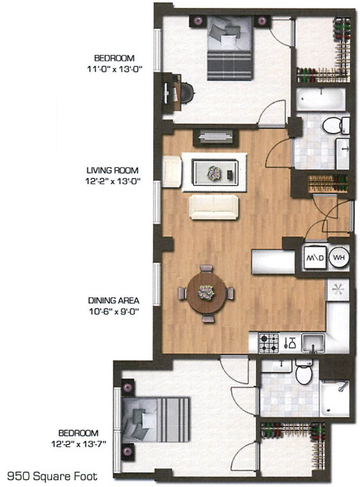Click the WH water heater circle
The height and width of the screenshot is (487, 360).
(x=339, y=257)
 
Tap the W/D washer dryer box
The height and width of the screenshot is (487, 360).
(x=315, y=258)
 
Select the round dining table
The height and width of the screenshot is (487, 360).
(x=207, y=292)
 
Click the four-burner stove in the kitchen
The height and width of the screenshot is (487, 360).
(x=269, y=343)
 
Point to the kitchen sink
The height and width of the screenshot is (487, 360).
(x=313, y=343)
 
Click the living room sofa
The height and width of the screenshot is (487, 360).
(x=214, y=207)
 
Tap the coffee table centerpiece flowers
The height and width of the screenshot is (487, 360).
(x=214, y=172)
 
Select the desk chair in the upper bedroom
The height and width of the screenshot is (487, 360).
(x=187, y=93)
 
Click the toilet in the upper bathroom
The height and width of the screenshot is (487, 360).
(x=336, y=125)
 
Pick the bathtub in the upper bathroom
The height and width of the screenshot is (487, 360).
(x=321, y=99)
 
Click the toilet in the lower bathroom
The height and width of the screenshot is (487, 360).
(x=304, y=371)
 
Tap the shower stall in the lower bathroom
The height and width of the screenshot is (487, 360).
(x=335, y=398)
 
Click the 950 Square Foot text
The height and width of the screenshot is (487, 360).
(x=52, y=476)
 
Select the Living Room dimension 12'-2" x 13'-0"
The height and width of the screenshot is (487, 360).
(x=112, y=181)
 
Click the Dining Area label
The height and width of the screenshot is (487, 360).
(x=113, y=300)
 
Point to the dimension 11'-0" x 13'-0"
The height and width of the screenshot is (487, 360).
(x=114, y=69)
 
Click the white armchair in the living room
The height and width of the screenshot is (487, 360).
(x=172, y=171)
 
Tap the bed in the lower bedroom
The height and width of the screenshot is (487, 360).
(x=155, y=419)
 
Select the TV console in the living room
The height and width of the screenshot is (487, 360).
(x=215, y=137)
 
